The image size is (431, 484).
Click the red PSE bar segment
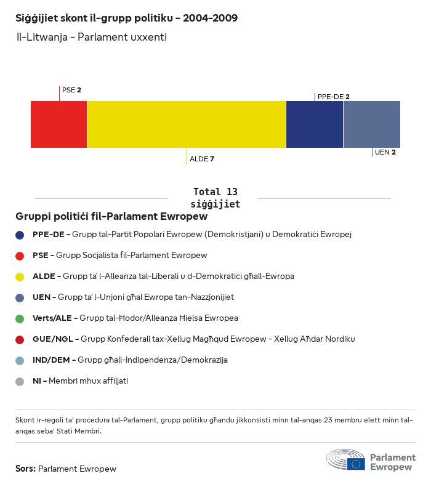[x=58, y=124]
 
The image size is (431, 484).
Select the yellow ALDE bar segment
[x=187, y=124]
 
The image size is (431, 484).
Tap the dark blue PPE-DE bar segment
[x=314, y=124]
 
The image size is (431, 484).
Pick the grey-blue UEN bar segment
[x=371, y=124]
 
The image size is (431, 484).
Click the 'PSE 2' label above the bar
[x=71, y=90]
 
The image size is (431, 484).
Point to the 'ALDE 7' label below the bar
[x=201, y=159]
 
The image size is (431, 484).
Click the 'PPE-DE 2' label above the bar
[x=333, y=97]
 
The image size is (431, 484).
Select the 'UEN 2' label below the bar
[x=385, y=152]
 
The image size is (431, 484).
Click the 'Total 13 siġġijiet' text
[x=215, y=198]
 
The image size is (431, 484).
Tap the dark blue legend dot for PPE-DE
[x=20, y=235]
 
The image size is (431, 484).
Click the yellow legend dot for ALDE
[x=20, y=276]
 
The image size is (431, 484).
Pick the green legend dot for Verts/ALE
[x=20, y=318]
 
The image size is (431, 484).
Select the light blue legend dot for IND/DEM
[x=20, y=360]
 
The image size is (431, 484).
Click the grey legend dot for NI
[x=20, y=381]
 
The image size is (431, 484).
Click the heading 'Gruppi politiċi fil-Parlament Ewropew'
[x=111, y=217]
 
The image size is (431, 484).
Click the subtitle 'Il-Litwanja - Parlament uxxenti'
[x=92, y=37]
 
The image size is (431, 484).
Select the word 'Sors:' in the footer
[x=25, y=469]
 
